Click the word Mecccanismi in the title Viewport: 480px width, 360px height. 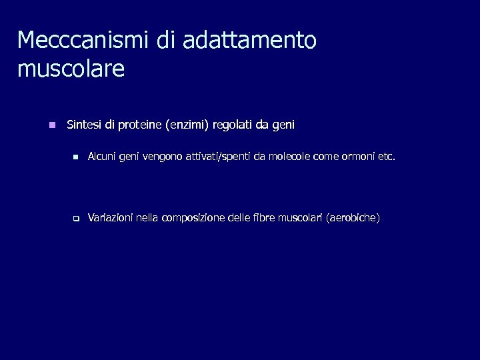(x=84, y=40)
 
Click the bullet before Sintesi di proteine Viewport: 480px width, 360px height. (x=52, y=125)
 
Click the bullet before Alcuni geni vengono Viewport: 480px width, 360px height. (x=76, y=158)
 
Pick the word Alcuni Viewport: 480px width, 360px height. (x=101, y=158)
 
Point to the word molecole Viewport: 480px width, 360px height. (x=291, y=158)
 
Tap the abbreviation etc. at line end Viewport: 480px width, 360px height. (x=387, y=158)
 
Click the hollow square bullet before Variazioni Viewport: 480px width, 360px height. (x=76, y=218)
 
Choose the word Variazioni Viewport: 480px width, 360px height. (x=110, y=218)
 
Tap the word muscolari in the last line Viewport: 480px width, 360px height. (x=300, y=218)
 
